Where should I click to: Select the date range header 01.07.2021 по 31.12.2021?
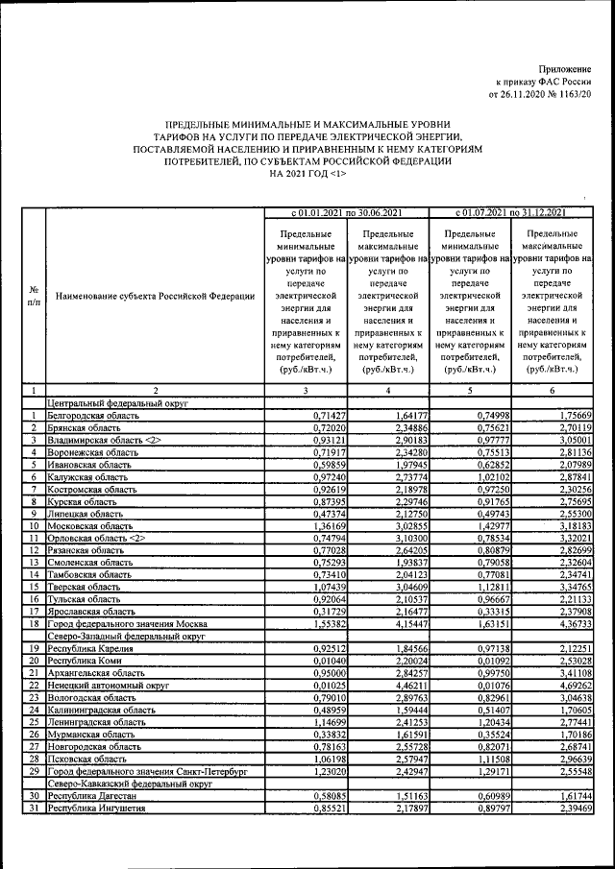510,212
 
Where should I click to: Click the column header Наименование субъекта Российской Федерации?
155,297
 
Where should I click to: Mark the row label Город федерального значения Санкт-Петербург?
141,771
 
